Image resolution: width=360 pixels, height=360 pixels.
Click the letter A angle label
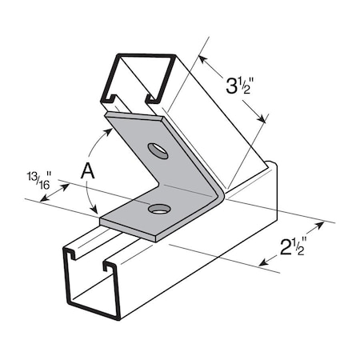pos(90,170)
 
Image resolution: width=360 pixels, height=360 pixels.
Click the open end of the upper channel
pos(136,80)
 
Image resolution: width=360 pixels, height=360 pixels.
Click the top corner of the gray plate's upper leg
pos(110,114)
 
